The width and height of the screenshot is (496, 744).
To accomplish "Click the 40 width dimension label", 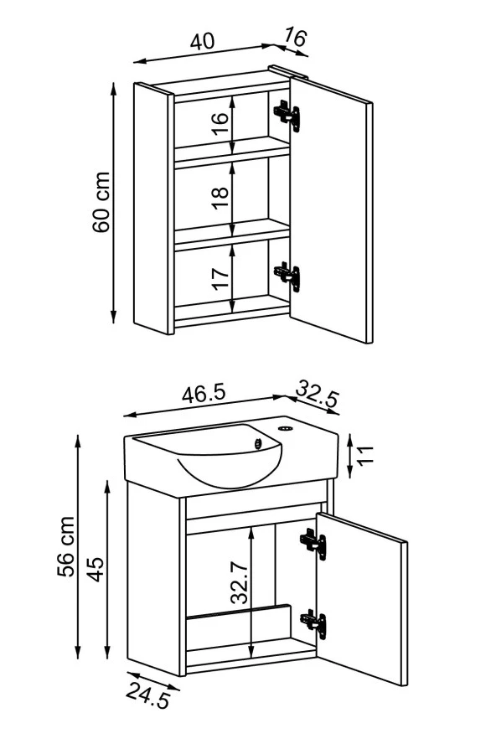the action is click(x=203, y=42).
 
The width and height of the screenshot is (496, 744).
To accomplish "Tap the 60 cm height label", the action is click(x=102, y=202).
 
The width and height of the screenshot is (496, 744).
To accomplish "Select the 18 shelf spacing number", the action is click(x=220, y=192).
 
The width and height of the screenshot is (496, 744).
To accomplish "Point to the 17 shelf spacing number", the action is click(x=220, y=279).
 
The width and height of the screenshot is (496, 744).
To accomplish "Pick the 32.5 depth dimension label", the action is click(x=318, y=393).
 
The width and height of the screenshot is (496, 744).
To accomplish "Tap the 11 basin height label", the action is click(x=364, y=456).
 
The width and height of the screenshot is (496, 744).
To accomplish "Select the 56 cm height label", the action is click(x=66, y=546).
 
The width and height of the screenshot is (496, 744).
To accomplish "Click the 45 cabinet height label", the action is click(x=96, y=570).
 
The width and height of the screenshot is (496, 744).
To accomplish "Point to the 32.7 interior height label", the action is click(x=240, y=581).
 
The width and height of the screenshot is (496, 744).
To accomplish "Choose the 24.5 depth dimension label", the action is click(x=148, y=696).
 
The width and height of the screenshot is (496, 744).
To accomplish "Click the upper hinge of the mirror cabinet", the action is click(x=287, y=114).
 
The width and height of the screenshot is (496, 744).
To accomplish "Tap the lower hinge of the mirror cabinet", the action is click(x=287, y=275).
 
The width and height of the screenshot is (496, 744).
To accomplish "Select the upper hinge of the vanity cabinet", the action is click(x=313, y=543).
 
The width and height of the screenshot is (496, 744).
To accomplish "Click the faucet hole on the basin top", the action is click(x=285, y=428).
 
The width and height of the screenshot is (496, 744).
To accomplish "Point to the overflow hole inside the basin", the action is click(x=259, y=444).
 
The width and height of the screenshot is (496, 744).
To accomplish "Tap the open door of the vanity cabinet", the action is click(x=362, y=599).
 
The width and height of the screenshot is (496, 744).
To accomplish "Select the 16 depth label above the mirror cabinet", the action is click(x=295, y=38).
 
